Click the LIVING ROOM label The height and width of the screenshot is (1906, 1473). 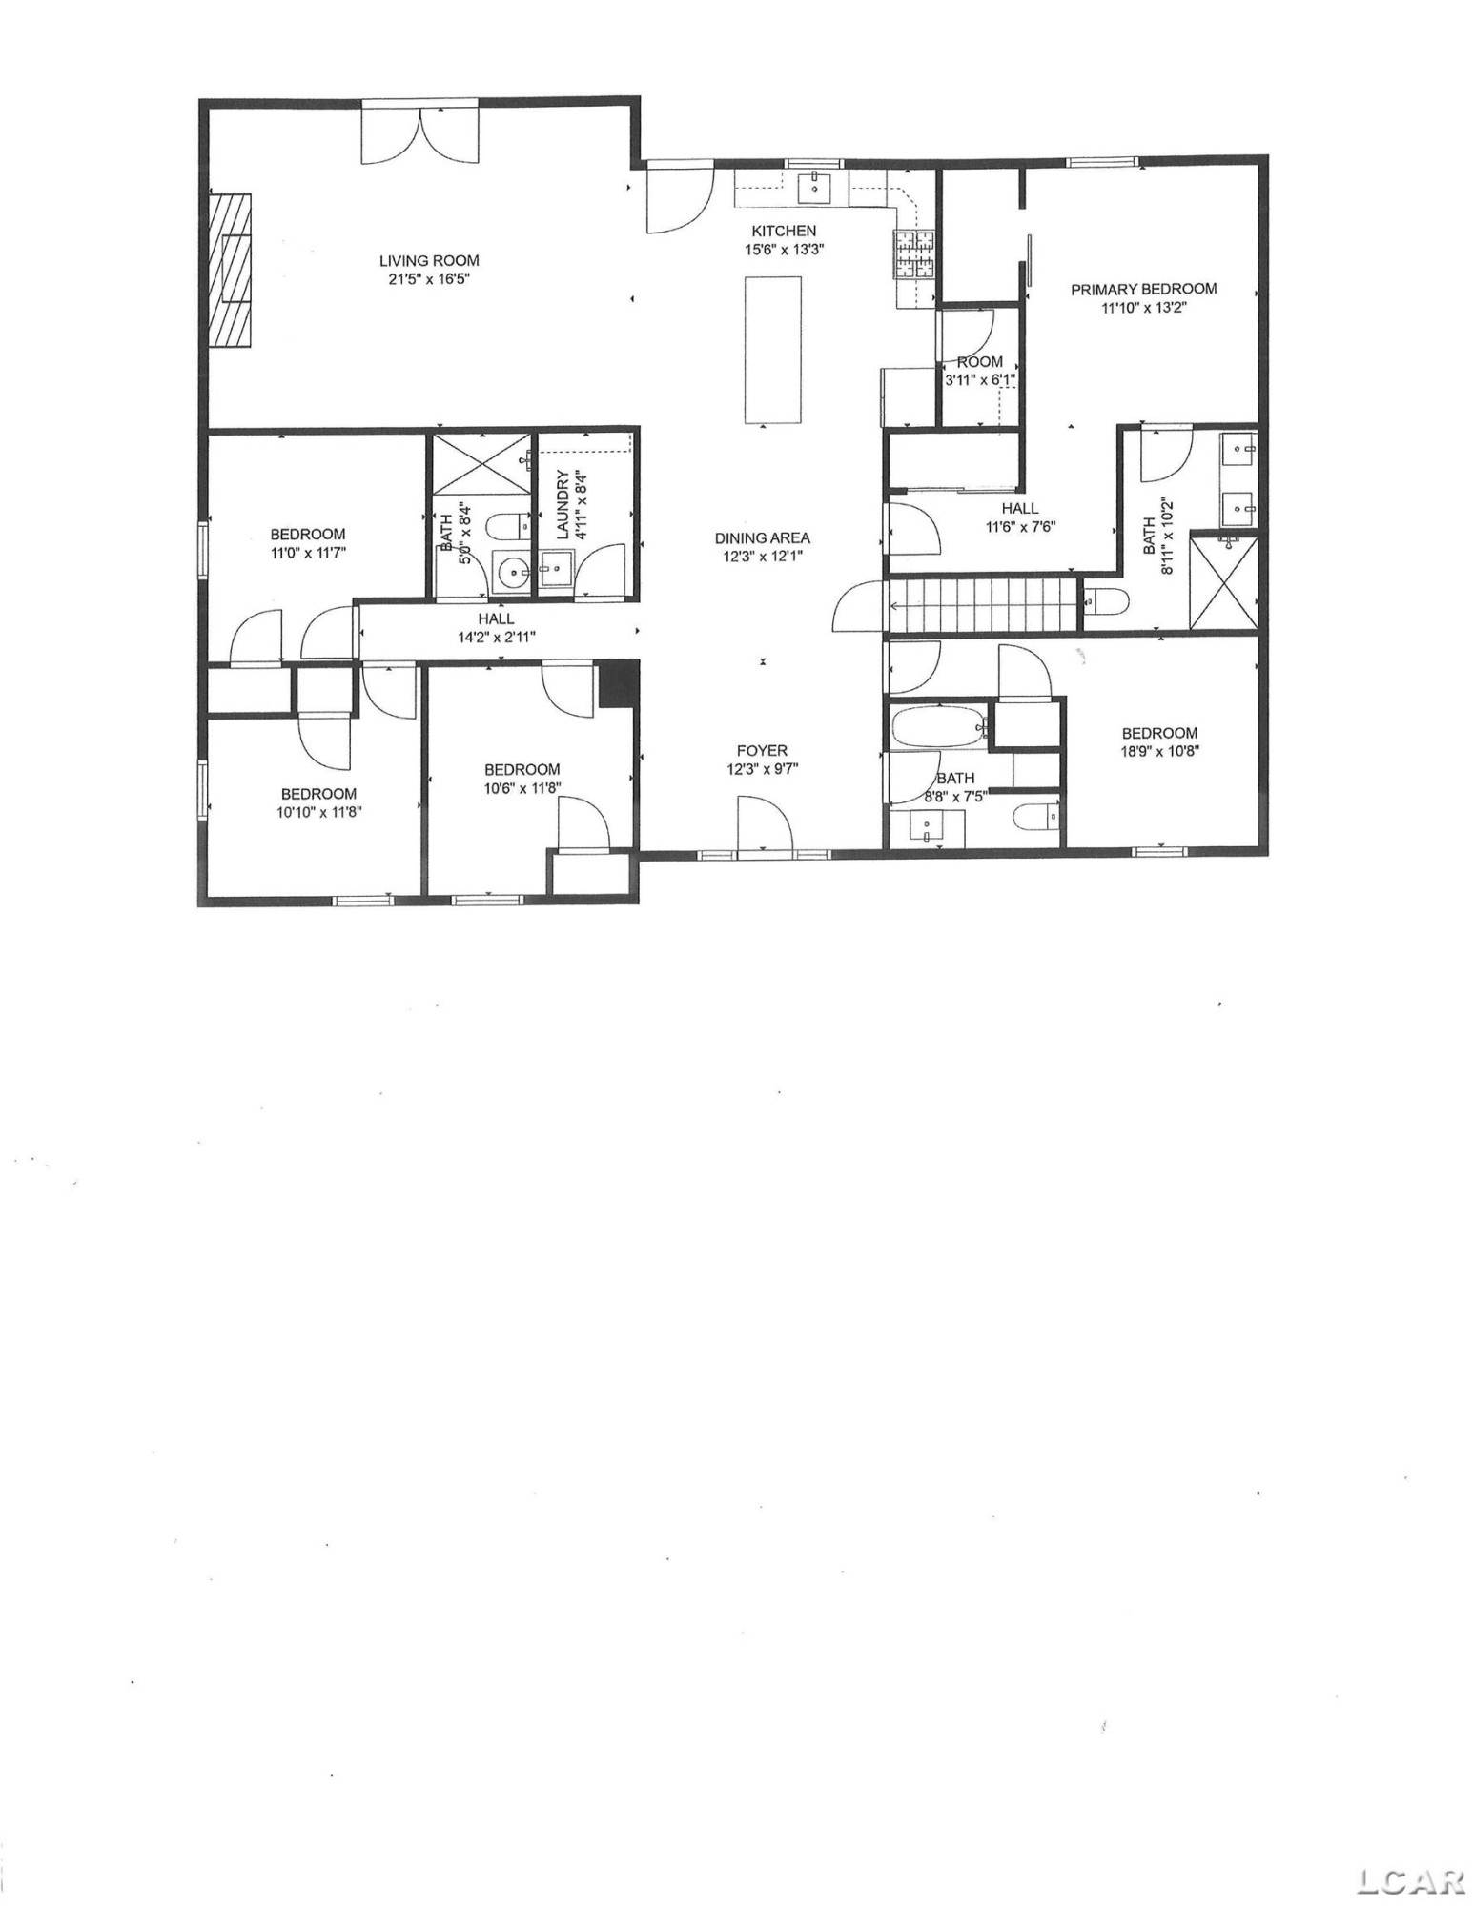[x=429, y=260]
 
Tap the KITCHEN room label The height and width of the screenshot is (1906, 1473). [x=784, y=231]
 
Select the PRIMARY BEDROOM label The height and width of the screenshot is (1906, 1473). [x=1143, y=289]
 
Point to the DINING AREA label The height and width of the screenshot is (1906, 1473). [x=762, y=538]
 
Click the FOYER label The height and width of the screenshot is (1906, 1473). [x=762, y=751]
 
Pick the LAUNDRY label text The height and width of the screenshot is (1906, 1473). [x=563, y=505]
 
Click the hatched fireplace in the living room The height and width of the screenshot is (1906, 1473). [x=231, y=271]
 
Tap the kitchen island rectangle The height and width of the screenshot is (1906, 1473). [x=772, y=350]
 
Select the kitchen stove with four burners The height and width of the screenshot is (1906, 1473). [x=914, y=254]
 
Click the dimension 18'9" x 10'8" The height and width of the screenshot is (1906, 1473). [x=1159, y=751]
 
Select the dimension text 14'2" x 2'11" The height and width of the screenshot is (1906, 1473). [x=496, y=638]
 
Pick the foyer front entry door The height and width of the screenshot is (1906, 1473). [x=765, y=824]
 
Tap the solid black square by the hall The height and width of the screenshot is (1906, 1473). [x=619, y=684]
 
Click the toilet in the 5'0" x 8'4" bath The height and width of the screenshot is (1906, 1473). [x=511, y=525]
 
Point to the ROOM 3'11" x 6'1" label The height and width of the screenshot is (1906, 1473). [x=979, y=371]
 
